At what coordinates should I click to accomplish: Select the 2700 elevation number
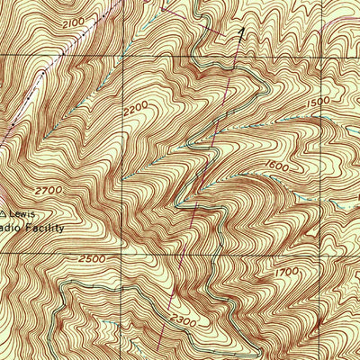tap(50, 192)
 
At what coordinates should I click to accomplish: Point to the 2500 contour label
tap(93, 259)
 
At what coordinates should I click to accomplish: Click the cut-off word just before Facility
tap(11, 229)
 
